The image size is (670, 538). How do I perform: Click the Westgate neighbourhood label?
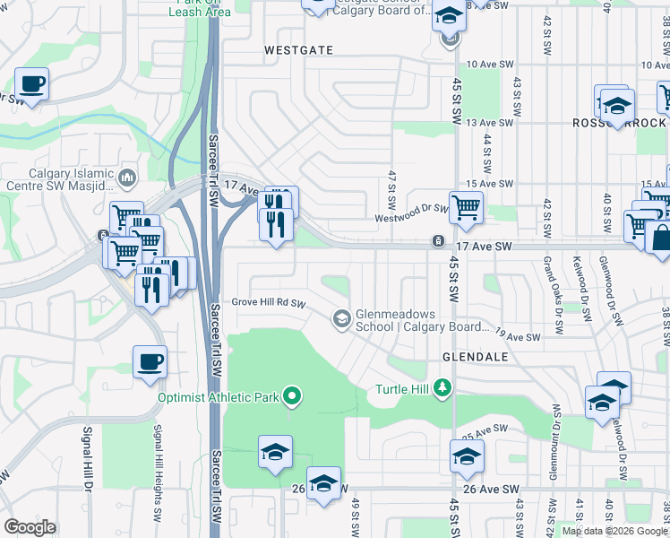pos(299,51)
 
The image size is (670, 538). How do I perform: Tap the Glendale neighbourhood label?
pos(475,357)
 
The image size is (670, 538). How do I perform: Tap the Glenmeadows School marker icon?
pos(341,318)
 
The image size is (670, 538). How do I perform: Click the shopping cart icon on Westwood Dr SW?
pos(466,208)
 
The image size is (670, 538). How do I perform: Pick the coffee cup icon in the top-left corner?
pos(31,84)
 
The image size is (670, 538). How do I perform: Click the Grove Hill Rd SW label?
pos(269,302)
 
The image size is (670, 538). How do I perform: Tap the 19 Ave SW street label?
pos(519,336)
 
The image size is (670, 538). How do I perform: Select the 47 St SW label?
pos(391,185)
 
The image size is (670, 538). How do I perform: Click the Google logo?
pos(30,527)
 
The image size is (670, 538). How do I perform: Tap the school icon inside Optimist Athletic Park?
pos(276,451)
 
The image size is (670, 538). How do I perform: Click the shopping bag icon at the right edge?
pos(660,239)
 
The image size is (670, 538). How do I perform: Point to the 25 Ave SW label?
pos(479,434)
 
